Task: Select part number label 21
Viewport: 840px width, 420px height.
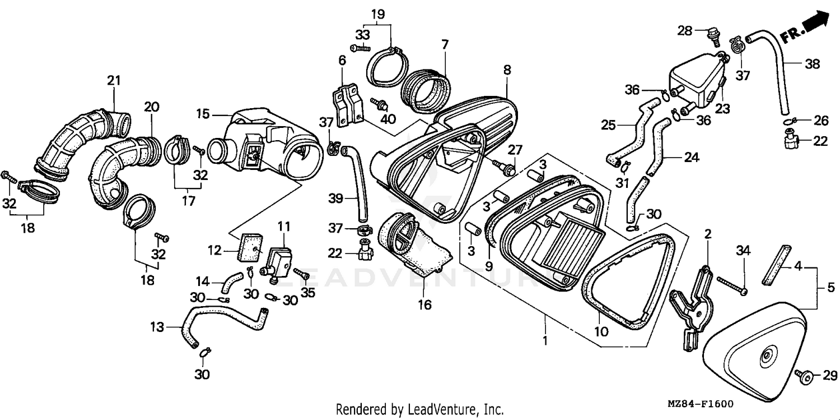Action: click(x=114, y=80)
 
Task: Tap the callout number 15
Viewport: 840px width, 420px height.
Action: click(x=203, y=114)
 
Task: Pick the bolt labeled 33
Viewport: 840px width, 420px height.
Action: click(x=360, y=48)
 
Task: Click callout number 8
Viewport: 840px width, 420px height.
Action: click(x=507, y=70)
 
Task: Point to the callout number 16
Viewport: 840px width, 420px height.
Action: click(x=424, y=305)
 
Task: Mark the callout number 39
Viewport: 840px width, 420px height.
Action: click(x=335, y=198)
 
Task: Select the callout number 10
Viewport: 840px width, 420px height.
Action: click(x=601, y=332)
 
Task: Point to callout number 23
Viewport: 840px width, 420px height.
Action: click(x=722, y=109)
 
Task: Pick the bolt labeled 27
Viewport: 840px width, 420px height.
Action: click(x=505, y=168)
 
